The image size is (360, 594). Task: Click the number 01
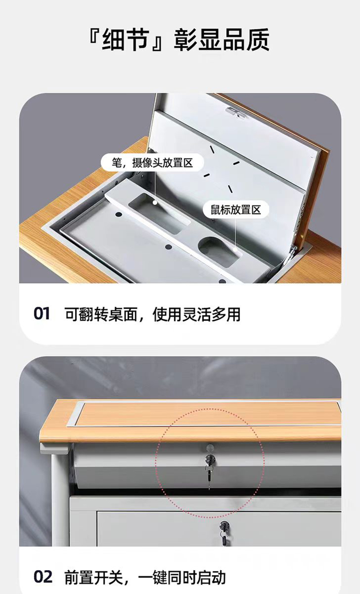point(42,314)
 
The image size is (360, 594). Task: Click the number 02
point(43,577)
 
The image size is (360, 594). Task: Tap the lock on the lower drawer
point(224,526)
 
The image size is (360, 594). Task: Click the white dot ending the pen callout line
point(154,203)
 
